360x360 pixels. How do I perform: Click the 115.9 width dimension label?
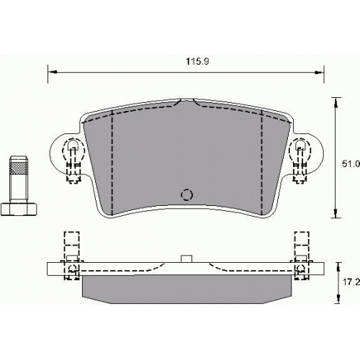[198, 62]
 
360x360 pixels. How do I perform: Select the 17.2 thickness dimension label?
[351, 282]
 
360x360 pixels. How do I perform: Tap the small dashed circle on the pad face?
[186, 194]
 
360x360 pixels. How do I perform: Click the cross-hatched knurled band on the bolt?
[19, 168]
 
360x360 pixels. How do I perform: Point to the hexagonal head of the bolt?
[19, 209]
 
